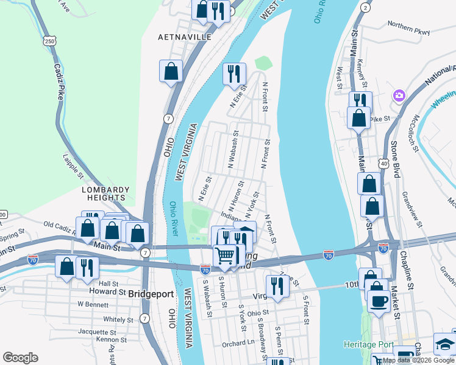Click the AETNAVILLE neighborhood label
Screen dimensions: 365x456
[185, 37]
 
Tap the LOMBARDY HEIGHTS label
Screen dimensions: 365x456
[107, 193]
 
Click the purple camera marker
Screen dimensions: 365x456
[399, 96]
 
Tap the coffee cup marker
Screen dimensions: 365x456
[379, 301]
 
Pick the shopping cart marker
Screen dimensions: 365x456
[225, 255]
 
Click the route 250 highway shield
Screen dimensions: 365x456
[50, 41]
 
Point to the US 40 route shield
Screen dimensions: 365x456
[383, 163]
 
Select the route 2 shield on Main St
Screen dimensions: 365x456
[365, 7]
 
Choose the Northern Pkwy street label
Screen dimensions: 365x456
[408, 29]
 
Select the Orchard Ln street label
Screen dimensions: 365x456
[238, 343]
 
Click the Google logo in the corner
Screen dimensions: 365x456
[20, 358]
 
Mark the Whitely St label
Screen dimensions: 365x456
[118, 319]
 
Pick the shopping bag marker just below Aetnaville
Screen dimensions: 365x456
[171, 71]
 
